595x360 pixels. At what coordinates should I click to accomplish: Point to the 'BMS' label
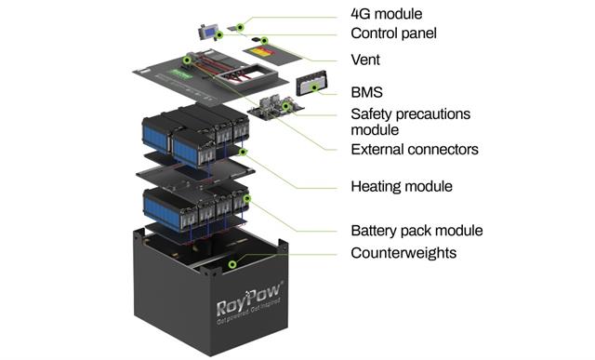point(367,92)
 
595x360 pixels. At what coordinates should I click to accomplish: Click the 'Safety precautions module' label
point(410,122)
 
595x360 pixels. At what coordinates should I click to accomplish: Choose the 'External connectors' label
point(415,149)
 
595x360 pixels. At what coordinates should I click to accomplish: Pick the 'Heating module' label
point(401,186)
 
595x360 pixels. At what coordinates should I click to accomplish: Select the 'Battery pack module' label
point(416,231)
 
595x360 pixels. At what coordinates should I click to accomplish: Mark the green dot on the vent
point(265,41)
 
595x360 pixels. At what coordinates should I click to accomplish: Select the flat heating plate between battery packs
point(195,174)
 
